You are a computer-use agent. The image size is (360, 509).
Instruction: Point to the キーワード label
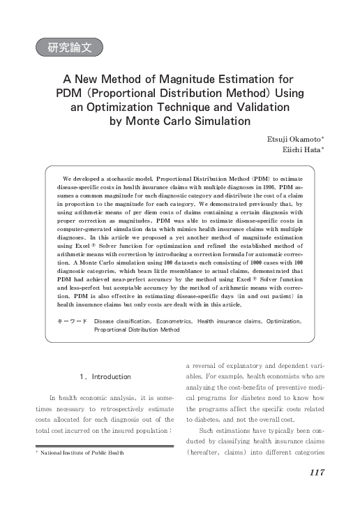[71, 321]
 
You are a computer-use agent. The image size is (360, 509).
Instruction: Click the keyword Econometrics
[170, 321]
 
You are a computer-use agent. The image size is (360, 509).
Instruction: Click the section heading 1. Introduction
[105, 377]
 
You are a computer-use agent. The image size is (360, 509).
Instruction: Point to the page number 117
[316, 473]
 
